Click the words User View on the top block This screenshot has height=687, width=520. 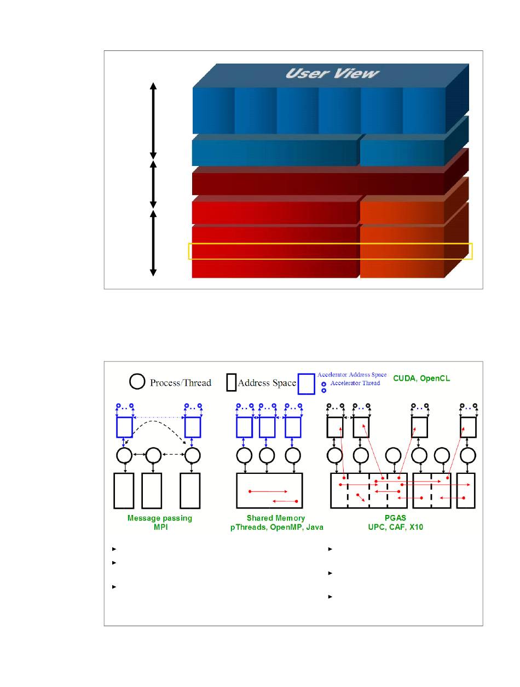pyautogui.click(x=332, y=73)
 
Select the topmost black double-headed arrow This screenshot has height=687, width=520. pyautogui.click(x=153, y=121)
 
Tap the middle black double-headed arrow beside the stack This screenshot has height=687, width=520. pyautogui.click(x=153, y=185)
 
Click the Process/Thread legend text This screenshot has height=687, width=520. pyautogui.click(x=181, y=383)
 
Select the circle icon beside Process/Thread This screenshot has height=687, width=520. pyautogui.click(x=137, y=382)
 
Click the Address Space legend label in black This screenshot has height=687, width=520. pyautogui.click(x=267, y=383)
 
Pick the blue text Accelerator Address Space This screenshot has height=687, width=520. pyautogui.click(x=352, y=375)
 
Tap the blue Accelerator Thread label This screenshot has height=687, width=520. pyautogui.click(x=355, y=383)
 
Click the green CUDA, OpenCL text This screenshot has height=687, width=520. pyautogui.click(x=421, y=379)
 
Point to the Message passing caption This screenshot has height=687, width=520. pyautogui.click(x=160, y=518)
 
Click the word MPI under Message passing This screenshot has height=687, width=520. pyautogui.click(x=160, y=526)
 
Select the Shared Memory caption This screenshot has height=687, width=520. pyautogui.click(x=276, y=518)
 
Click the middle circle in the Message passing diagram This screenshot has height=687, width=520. pyautogui.click(x=153, y=455)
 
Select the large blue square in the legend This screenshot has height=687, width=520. pyautogui.click(x=307, y=384)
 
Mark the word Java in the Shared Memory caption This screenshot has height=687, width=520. pyautogui.click(x=315, y=527)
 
